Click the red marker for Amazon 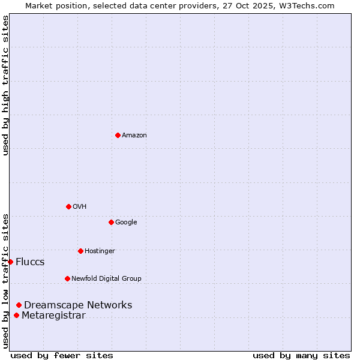pos(118,135)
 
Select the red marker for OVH pos(68,206)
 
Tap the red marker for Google pos(111,222)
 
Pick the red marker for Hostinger pos(80,251)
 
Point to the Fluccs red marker pos(10,262)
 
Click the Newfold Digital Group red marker pos(67,278)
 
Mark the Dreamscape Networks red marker pos(19,305)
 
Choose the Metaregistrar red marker pos(16,316)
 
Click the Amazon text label pos(134,136)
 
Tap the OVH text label pos(80,207)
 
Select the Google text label pos(126,223)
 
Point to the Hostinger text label pos(100,251)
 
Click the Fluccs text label pos(30,262)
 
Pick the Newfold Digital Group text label pos(106,278)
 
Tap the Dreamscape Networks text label pos(78,305)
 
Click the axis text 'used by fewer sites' pos(62,355)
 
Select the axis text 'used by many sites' pos(301,355)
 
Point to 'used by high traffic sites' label pos(5,85)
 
